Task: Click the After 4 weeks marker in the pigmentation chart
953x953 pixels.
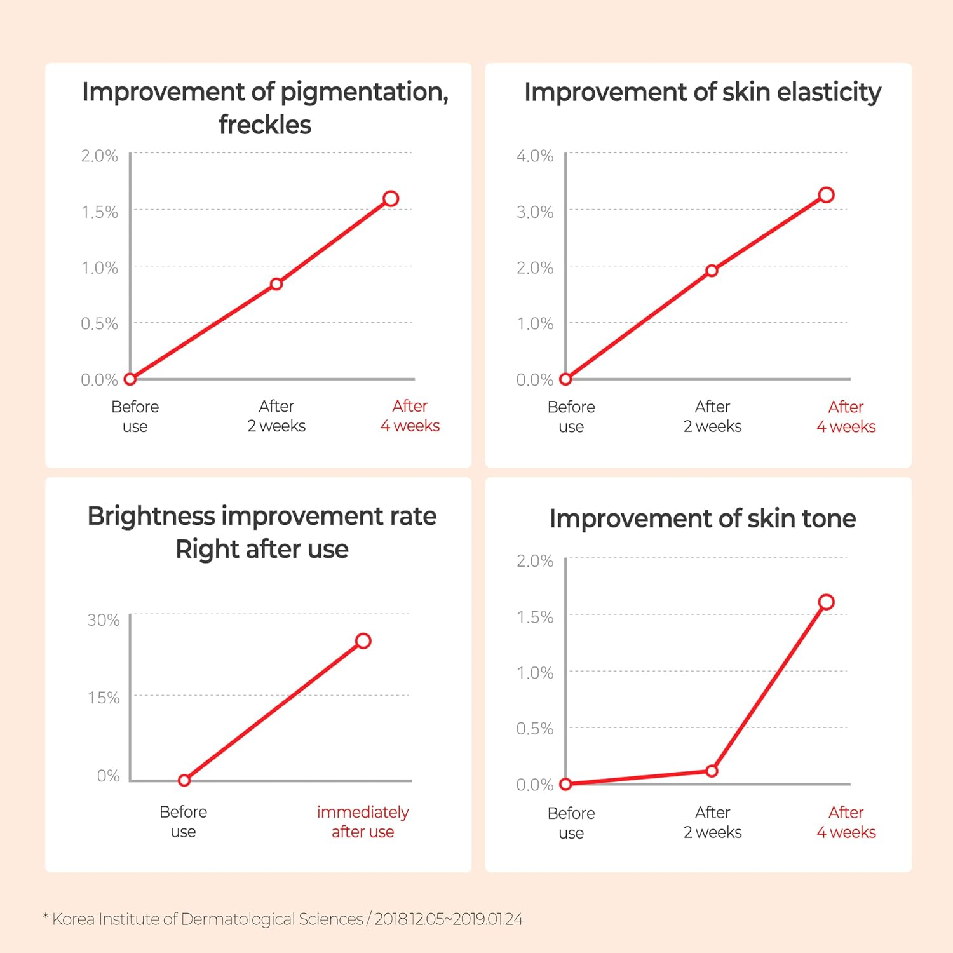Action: point(391,199)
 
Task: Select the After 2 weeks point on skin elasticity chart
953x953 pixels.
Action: point(712,271)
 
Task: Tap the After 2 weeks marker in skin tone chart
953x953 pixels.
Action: point(712,771)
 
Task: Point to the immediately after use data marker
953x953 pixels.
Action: point(363,640)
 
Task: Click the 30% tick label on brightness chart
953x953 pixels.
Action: point(104,620)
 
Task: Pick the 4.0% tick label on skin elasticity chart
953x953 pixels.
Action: point(535,156)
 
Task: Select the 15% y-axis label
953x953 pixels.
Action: point(104,698)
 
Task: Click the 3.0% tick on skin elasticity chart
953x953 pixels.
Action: point(535,212)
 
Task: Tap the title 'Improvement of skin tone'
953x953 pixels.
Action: point(702,518)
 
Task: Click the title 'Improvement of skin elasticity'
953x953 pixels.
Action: point(702,92)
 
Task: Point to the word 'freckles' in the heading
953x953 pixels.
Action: point(265,125)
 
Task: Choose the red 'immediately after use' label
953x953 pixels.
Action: point(363,821)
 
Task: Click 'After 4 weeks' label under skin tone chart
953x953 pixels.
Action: point(846,822)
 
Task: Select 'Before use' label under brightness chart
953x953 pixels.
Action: point(183,821)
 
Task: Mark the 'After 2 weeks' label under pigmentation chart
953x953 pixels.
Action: point(276,416)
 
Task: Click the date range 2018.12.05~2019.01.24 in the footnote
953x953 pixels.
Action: point(449,919)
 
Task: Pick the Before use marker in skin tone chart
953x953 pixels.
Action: point(565,784)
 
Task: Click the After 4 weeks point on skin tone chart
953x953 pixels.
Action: point(826,602)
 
